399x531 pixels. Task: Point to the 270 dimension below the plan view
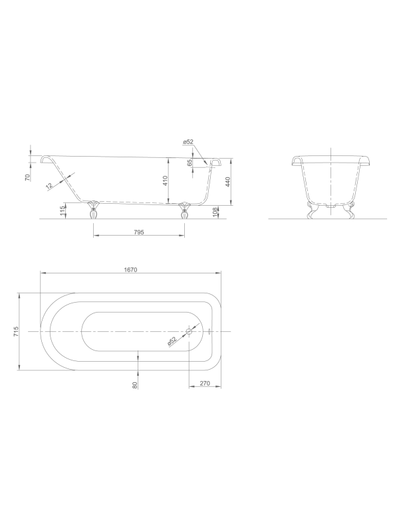tap(205, 384)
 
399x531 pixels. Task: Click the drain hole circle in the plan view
tap(190, 331)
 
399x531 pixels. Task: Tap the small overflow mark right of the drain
tap(210, 331)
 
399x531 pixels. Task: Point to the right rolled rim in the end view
tap(364, 161)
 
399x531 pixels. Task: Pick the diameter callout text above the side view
tap(188, 142)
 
